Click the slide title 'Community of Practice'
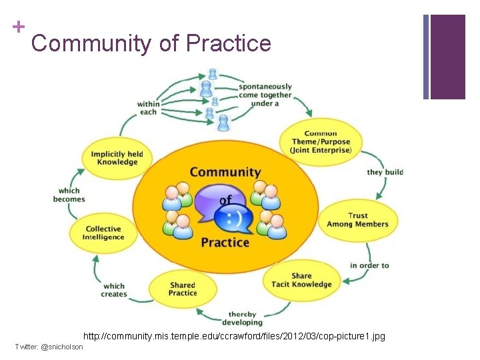(x=151, y=43)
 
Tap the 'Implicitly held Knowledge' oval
(x=117, y=157)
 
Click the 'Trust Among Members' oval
(x=357, y=220)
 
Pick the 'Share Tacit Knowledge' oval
(x=301, y=280)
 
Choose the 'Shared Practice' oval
(x=182, y=289)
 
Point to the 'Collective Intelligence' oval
(x=103, y=233)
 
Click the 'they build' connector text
(x=385, y=172)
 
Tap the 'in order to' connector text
(x=369, y=265)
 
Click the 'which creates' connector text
(x=114, y=290)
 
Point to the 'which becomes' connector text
(x=69, y=195)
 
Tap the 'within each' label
(x=148, y=107)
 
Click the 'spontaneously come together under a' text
(x=265, y=95)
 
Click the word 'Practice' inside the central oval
(x=225, y=242)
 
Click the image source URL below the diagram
(x=234, y=336)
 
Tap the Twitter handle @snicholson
(x=49, y=347)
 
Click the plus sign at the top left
(x=18, y=27)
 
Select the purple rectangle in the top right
(x=447, y=57)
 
